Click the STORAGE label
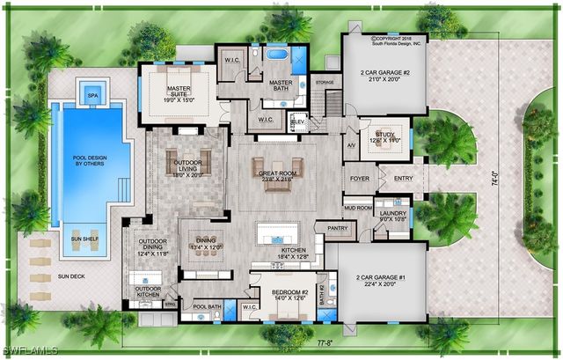pos(325,83)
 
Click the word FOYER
pos(360,178)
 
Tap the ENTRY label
pos(404,178)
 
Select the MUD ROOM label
pos(358,208)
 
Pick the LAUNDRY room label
pos(393,212)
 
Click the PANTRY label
pos(313,228)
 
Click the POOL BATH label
pos(207,306)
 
